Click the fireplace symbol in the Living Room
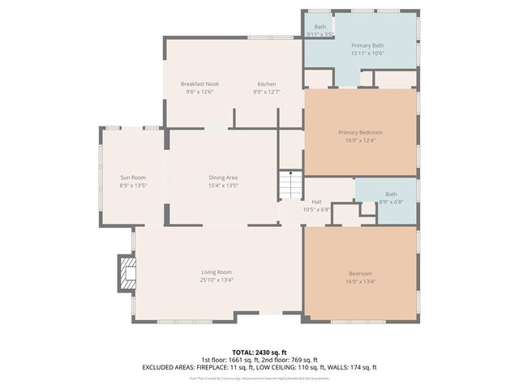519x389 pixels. tap(126, 272)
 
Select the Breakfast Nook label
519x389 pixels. tap(199, 84)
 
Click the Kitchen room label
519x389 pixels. tap(267, 84)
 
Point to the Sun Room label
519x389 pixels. tap(133, 177)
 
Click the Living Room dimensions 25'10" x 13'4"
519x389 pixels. tap(217, 280)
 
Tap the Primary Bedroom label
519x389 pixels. tap(360, 132)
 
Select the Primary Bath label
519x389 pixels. tap(367, 45)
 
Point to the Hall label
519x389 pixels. tap(317, 202)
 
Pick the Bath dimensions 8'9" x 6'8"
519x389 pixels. tap(391, 202)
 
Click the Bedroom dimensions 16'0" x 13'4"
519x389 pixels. tap(360, 281)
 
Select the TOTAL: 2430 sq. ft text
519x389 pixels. tap(259, 352)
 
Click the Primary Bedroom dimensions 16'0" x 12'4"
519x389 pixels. tap(360, 140)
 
